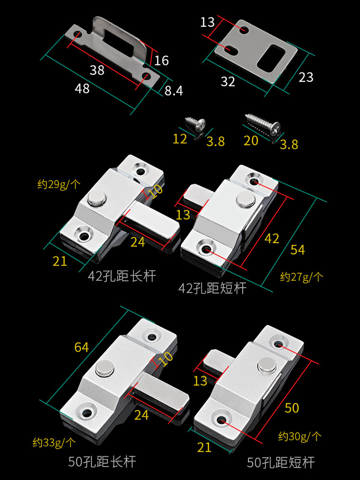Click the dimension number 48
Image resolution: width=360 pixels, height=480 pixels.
tap(82, 88)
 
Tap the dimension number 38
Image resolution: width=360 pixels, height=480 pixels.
tap(97, 70)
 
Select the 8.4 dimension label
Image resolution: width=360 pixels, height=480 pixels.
tap(174, 90)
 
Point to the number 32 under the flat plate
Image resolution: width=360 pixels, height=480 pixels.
tap(228, 82)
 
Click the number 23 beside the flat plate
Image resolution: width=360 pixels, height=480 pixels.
tap(306, 77)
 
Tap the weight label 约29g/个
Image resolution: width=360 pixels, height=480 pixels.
tap(59, 184)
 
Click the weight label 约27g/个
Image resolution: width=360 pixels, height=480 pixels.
tap(301, 276)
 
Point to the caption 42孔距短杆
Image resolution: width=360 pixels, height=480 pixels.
tap(212, 288)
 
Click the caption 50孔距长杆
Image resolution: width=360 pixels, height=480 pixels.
tap(102, 462)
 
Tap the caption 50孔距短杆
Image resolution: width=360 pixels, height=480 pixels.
tap(281, 462)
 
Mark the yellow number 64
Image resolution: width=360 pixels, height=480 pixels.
tap(82, 347)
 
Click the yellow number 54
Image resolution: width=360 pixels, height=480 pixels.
tap(298, 250)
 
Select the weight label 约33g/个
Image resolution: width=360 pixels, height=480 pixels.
tap(54, 442)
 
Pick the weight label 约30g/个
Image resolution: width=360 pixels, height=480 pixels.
tap(300, 436)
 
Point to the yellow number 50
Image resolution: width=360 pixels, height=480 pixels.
tap(292, 408)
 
